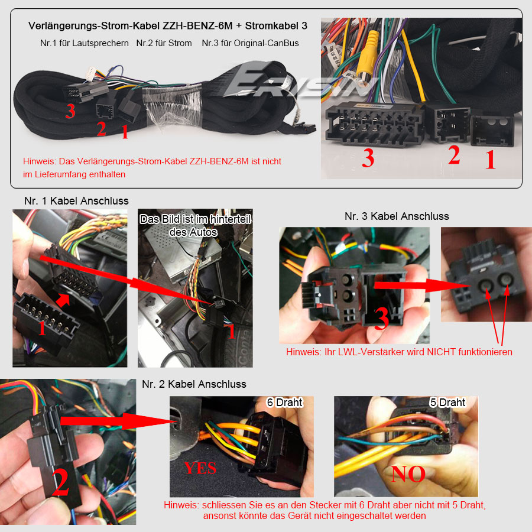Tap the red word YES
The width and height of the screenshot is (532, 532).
click(x=200, y=468)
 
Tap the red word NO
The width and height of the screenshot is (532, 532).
click(x=408, y=474)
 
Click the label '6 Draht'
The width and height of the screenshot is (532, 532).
click(x=284, y=403)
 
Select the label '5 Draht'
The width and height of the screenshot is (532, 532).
click(x=447, y=403)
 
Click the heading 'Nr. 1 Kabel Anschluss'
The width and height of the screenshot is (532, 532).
click(x=76, y=201)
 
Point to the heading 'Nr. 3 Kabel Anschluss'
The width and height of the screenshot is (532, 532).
click(x=397, y=216)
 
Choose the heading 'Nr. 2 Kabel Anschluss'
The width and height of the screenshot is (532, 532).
click(x=194, y=384)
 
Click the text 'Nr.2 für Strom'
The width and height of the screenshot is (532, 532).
click(x=164, y=43)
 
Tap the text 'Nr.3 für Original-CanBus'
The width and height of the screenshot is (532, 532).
click(x=251, y=43)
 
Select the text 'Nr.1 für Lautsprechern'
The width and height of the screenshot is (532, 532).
click(x=84, y=43)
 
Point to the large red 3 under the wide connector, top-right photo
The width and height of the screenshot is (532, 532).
click(x=368, y=158)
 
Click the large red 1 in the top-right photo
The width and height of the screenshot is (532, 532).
click(x=490, y=160)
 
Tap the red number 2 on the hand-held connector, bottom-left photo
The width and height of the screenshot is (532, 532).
click(x=61, y=482)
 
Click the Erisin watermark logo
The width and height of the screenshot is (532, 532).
click(x=299, y=82)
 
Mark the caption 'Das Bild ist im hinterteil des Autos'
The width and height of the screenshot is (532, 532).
click(x=194, y=226)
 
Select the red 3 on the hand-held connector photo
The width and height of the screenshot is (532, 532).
click(x=381, y=319)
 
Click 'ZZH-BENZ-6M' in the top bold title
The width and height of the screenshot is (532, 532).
click(x=197, y=26)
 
